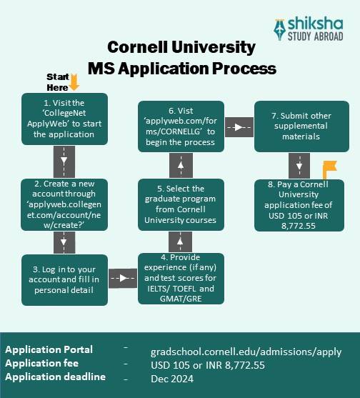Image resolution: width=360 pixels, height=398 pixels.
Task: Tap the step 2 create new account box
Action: click(x=64, y=204)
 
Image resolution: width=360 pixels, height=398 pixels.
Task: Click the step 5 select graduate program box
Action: click(x=181, y=204)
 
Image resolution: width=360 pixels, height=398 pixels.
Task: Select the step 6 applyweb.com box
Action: click(x=181, y=126)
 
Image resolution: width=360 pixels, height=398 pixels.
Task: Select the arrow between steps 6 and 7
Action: click(x=236, y=126)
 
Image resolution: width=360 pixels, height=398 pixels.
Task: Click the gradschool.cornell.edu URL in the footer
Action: click(x=246, y=352)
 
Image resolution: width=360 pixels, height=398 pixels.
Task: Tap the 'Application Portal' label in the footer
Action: click(x=49, y=349)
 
